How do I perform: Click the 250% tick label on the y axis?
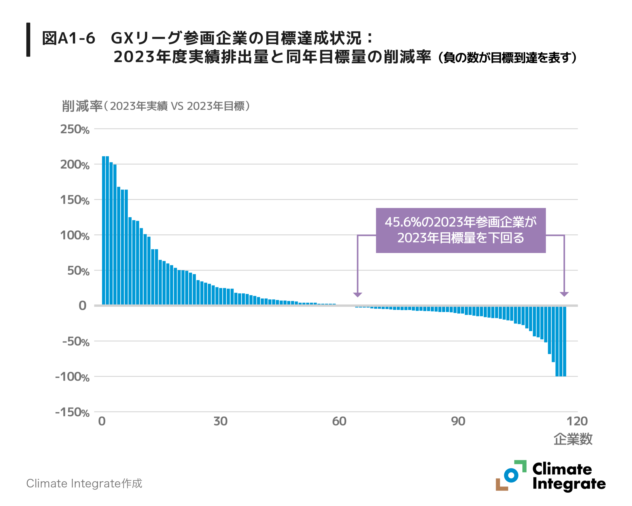75,129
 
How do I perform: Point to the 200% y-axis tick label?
75,165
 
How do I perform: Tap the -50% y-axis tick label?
76,342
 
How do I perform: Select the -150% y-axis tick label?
72,412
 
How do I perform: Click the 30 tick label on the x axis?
220,421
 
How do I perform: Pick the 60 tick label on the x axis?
339,421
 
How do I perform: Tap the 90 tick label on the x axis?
458,421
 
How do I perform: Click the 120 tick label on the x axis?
577,421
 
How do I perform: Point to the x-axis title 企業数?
573,439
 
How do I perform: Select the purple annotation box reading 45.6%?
460,230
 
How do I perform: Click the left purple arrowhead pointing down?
357,295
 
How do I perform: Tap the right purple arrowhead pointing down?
564,294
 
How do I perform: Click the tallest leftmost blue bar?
103,230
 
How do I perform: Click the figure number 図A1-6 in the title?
69,39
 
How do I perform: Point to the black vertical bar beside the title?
28,40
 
